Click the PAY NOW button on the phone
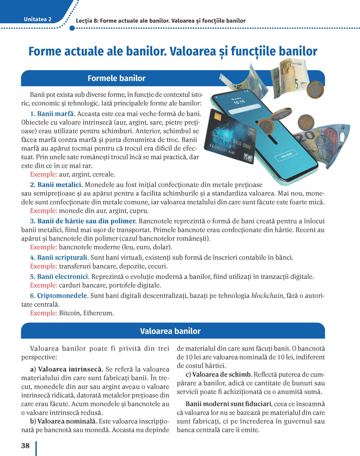point(287,155)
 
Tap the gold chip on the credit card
point(217,117)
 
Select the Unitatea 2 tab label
point(37,19)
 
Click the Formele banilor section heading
point(116,78)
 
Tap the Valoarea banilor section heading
point(170,331)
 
